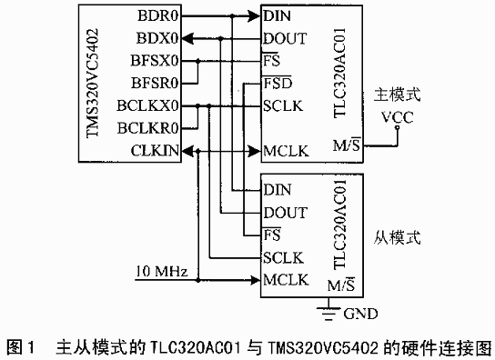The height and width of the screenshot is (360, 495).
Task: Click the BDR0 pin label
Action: [x=158, y=15]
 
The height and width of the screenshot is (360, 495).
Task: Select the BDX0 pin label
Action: [x=157, y=38]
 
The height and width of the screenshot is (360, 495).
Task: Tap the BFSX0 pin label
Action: [x=155, y=61]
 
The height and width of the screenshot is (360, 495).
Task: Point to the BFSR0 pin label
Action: [x=155, y=84]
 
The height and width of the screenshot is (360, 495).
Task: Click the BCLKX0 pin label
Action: [x=147, y=105]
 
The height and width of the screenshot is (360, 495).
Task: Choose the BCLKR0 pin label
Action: [x=148, y=128]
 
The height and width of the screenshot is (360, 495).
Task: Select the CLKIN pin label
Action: [x=155, y=151]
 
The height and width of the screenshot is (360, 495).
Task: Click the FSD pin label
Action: [x=278, y=84]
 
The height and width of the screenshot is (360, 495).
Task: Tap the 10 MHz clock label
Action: [x=162, y=271]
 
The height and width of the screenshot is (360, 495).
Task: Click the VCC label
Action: [x=397, y=117]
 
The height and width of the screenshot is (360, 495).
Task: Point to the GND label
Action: [x=360, y=314]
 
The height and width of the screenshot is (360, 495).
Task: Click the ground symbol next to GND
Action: [x=328, y=313]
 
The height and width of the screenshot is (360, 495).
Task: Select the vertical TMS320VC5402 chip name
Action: [x=93, y=83]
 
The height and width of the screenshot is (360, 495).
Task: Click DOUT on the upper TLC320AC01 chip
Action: [x=285, y=38]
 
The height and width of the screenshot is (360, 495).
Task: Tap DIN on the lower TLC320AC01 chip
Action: [x=278, y=190]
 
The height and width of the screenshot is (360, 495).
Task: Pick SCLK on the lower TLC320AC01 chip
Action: [x=283, y=258]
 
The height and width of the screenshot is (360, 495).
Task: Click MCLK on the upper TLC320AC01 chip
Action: [x=286, y=151]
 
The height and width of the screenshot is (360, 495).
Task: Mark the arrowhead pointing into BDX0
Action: [x=187, y=39]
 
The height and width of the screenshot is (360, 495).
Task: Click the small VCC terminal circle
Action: [x=397, y=127]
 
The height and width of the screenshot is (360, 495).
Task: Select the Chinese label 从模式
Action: [x=398, y=237]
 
